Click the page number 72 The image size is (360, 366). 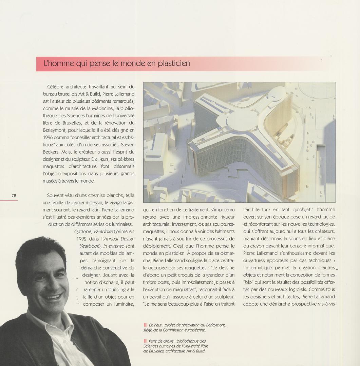point(14,196)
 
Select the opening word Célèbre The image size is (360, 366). point(58,87)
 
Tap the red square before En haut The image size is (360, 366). point(145,325)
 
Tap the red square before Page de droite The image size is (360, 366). point(145,341)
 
